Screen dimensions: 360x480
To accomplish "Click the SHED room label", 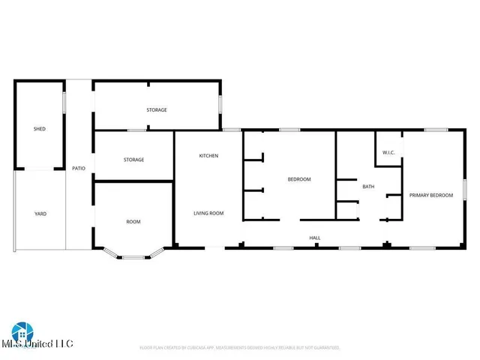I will [39, 129].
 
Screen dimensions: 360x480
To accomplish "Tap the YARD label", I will [40, 214].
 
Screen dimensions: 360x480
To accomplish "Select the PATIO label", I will [78, 168].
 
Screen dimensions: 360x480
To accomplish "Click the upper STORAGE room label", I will [156, 110].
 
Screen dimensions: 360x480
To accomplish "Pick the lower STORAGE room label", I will [133, 160].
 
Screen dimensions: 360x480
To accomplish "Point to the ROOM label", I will [133, 222].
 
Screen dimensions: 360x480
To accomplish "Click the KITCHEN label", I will [208, 155].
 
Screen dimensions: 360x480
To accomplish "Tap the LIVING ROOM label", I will [208, 213].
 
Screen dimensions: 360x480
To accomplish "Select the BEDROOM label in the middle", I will [299, 179].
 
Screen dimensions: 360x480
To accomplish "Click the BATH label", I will [368, 186].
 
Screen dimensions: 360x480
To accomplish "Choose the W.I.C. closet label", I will [388, 153].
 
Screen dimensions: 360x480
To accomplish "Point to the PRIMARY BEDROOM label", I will [430, 195].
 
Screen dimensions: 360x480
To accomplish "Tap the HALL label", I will [315, 238].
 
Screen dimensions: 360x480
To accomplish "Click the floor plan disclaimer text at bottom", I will [240, 348].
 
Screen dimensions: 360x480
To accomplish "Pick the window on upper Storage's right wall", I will [220, 103].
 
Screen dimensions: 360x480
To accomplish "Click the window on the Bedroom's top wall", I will [289, 130].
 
